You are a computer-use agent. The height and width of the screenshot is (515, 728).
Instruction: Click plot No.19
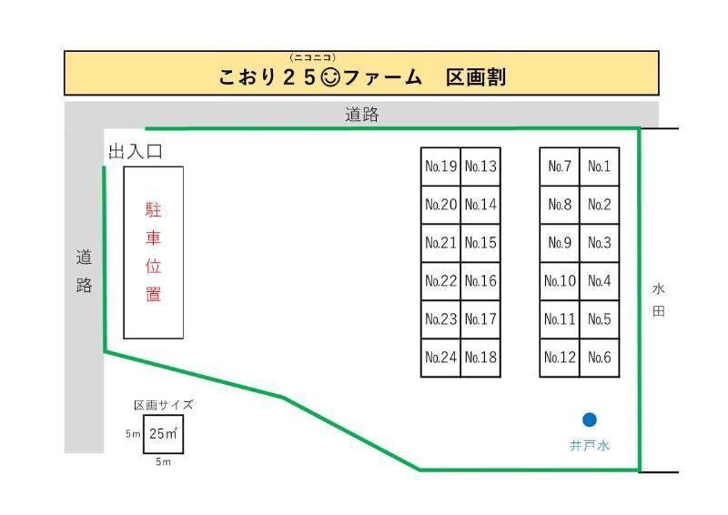[x=440, y=167]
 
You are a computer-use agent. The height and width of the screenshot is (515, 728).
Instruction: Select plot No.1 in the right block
[x=599, y=167]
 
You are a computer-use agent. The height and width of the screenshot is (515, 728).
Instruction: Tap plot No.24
[x=440, y=358]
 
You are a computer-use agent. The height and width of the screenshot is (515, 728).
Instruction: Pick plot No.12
[x=560, y=358]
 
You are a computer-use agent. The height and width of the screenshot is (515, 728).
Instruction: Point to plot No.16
[x=480, y=281]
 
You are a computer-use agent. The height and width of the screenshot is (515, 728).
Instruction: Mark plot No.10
[x=560, y=281]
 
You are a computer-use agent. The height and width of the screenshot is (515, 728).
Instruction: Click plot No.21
[x=440, y=243]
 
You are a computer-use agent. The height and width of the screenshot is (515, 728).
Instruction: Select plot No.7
[x=560, y=167]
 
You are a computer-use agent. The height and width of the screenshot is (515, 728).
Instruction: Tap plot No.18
[x=480, y=358]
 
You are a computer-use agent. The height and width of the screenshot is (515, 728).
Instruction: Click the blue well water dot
[x=590, y=419]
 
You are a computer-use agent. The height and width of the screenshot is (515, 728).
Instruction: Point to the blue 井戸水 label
[x=590, y=446]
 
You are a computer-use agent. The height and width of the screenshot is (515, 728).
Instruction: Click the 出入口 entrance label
[x=136, y=152]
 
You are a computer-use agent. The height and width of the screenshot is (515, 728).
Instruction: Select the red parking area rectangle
[x=154, y=252]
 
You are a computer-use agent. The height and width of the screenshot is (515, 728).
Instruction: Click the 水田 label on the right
[x=659, y=300]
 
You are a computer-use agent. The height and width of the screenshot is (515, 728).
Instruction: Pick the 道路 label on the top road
[x=362, y=116]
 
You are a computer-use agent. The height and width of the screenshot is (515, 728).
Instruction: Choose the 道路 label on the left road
[x=84, y=271]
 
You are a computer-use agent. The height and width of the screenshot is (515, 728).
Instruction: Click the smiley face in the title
[x=330, y=77]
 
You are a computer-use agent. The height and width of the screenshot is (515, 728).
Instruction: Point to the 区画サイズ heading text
[x=164, y=405]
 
